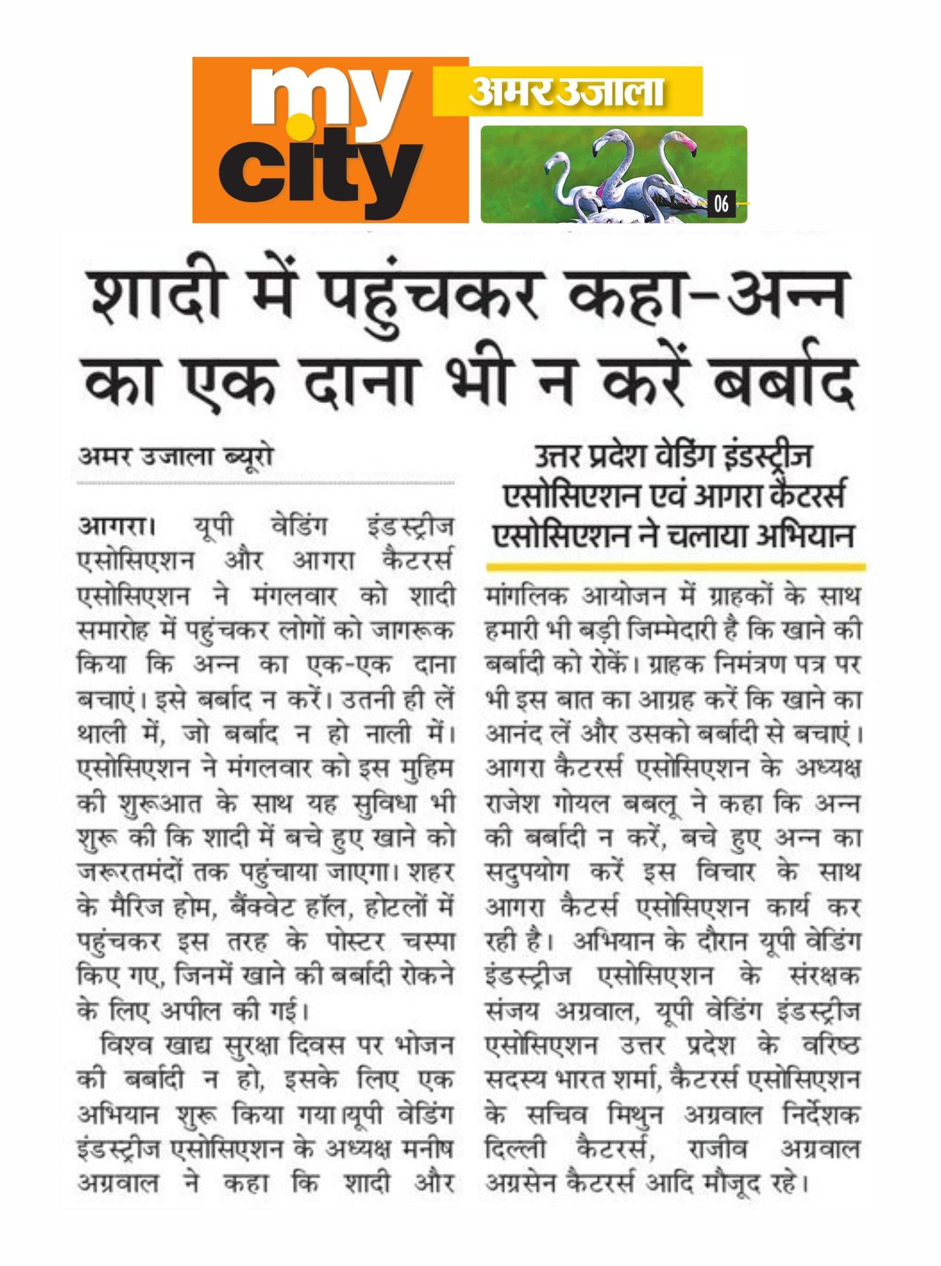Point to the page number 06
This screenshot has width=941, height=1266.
coord(721,204)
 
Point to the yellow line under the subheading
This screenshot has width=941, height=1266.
coord(675,567)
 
